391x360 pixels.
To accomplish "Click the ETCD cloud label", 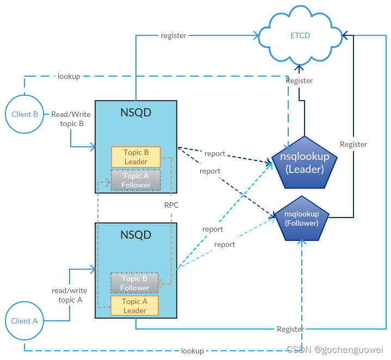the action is tap(300, 35).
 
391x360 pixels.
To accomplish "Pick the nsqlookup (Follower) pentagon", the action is tap(302, 219).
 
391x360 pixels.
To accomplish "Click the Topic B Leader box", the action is tap(136, 157).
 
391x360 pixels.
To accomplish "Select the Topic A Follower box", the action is tap(136, 180).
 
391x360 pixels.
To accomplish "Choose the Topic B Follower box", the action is tap(135, 283).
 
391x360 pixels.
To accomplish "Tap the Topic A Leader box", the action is tap(135, 306).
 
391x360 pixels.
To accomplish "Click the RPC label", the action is tap(171, 205).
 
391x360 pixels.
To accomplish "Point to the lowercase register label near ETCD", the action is tap(173, 36).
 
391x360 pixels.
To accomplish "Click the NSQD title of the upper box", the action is tap(136, 113).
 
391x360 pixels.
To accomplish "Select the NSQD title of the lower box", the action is tap(136, 235).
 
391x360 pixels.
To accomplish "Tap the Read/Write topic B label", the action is tap(71, 119).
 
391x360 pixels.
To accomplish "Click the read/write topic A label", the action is tap(70, 295).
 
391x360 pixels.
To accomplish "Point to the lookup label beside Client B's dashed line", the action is tap(69, 76).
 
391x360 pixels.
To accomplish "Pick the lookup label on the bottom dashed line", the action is tap(193, 351).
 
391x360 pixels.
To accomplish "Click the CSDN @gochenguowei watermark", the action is tap(335, 350).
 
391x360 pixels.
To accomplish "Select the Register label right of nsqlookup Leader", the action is tap(353, 144).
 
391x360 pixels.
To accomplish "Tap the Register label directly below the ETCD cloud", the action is tap(299, 81).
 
